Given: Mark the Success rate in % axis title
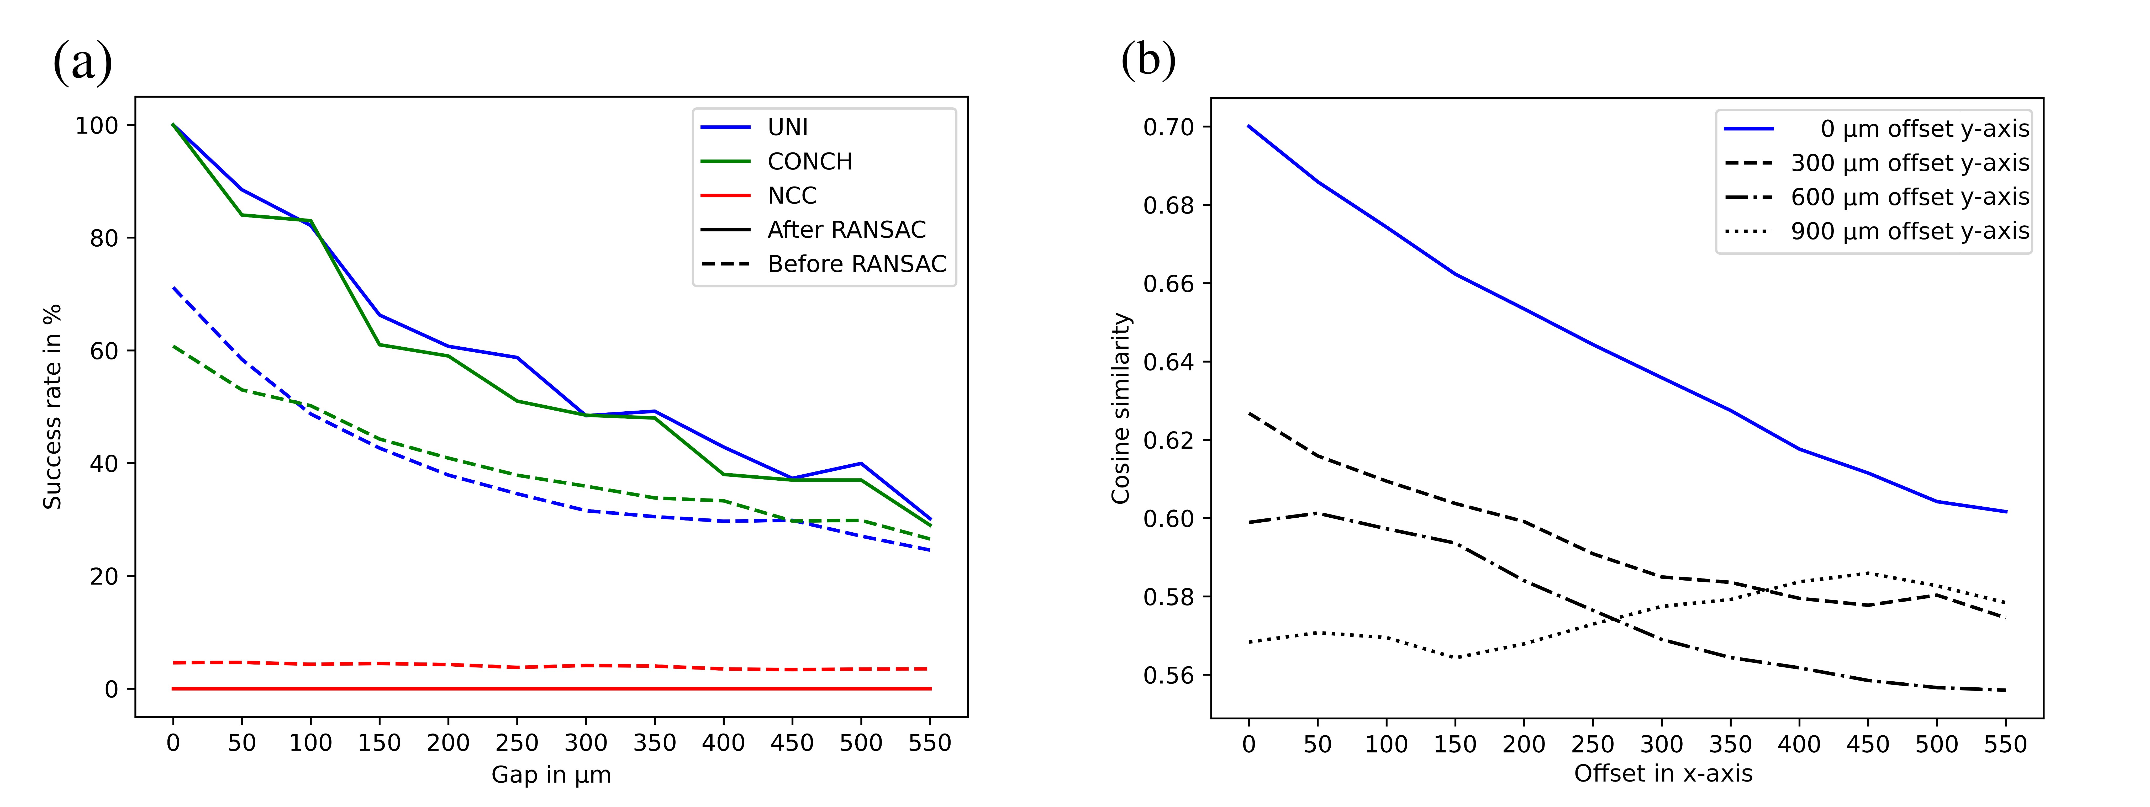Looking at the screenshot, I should (x=52, y=406).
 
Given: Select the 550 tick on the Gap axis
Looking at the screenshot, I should (x=929, y=743).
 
